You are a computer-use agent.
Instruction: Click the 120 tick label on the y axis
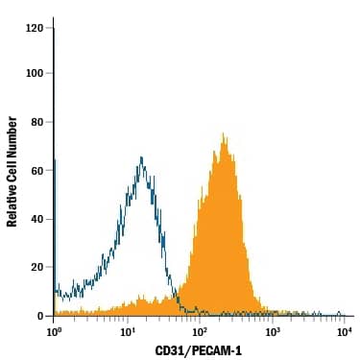click(x=34, y=29)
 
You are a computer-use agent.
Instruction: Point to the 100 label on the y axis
click(x=34, y=73)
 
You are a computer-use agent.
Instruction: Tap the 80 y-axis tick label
click(x=36, y=122)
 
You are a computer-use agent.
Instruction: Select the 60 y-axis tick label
click(x=36, y=170)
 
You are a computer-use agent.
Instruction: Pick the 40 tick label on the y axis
click(x=36, y=219)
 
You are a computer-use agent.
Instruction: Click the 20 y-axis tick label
click(x=36, y=267)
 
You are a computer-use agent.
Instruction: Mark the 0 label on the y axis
click(x=39, y=315)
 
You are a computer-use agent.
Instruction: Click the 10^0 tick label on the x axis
click(x=54, y=331)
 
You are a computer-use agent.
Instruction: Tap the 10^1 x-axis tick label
click(x=127, y=331)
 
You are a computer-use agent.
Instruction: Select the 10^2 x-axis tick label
click(x=200, y=331)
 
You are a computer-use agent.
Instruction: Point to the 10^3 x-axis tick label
click(x=272, y=331)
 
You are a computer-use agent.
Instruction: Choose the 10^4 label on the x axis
click(x=344, y=331)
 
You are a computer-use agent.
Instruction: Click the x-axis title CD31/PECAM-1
click(x=199, y=351)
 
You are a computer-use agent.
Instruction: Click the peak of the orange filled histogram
click(x=223, y=133)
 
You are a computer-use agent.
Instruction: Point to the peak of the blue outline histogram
click(x=141, y=157)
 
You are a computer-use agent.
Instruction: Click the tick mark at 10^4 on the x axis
click(x=344, y=319)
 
